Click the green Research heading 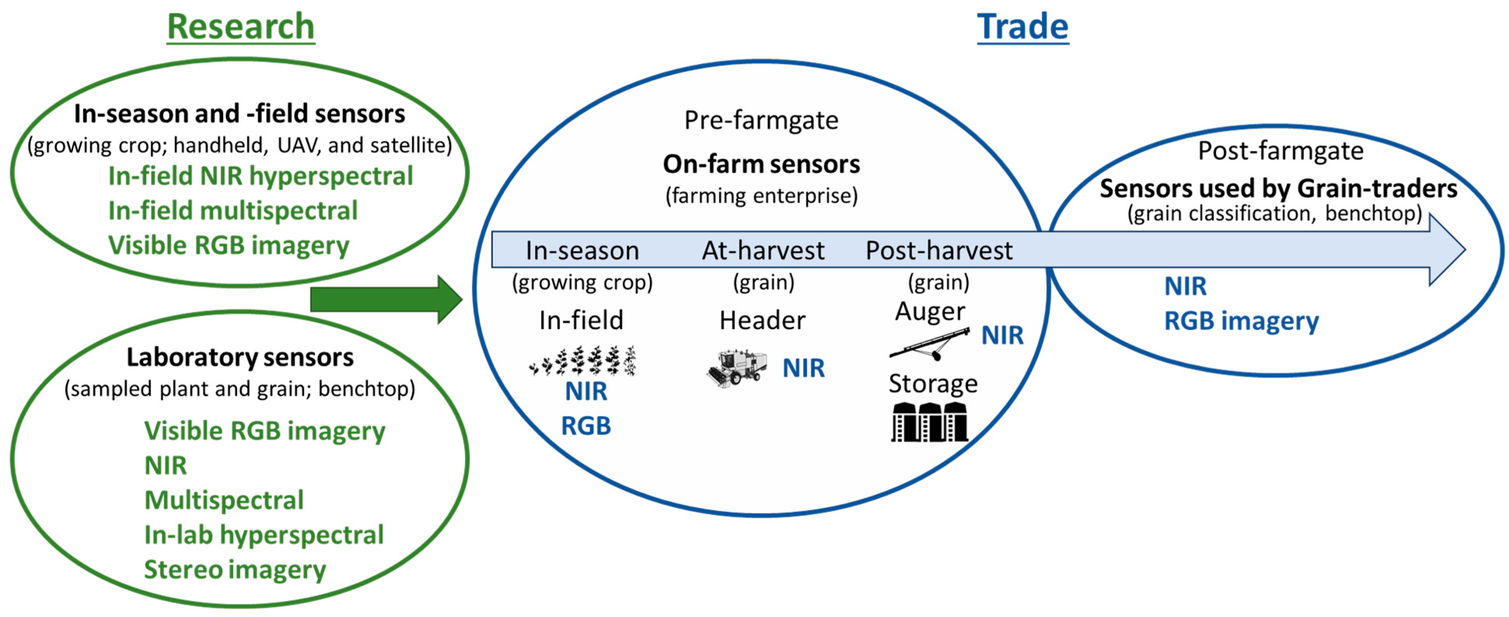[x=241, y=27]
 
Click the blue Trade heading [x=1022, y=27]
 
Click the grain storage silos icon [x=930, y=422]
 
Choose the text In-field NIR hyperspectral [x=261, y=176]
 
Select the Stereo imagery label [x=235, y=570]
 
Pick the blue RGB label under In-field [x=586, y=426]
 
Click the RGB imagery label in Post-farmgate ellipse [x=1241, y=321]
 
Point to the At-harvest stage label [x=763, y=251]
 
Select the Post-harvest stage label [x=939, y=251]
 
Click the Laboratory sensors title [x=240, y=357]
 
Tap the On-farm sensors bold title [x=761, y=164]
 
